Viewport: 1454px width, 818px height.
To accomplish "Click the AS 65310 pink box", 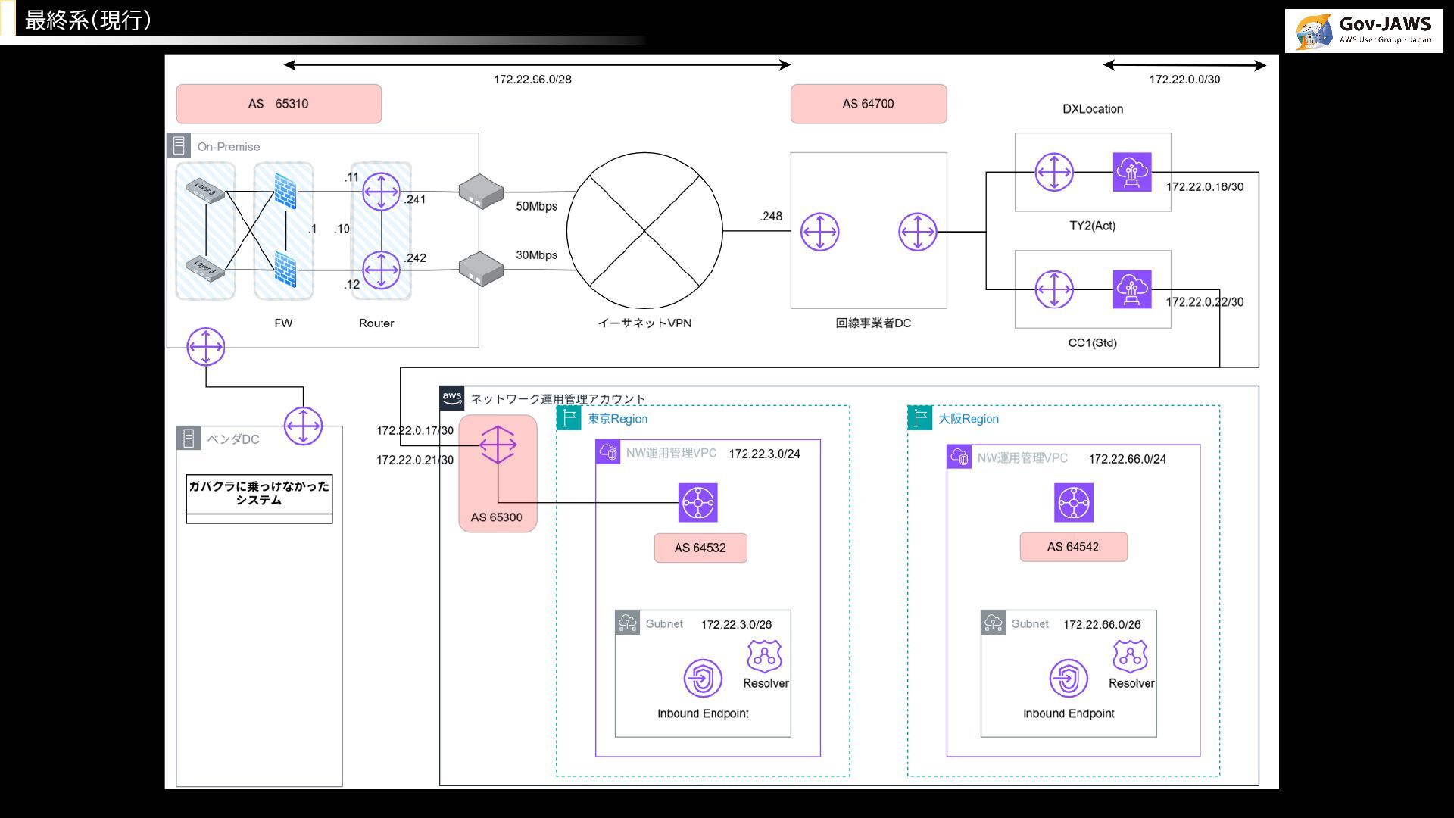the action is pos(279,104).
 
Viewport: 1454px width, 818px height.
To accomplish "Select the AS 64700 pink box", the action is pos(869,104).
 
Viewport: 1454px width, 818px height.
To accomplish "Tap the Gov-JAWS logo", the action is pos(1363,31).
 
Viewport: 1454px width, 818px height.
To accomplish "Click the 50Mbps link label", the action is pos(536,206).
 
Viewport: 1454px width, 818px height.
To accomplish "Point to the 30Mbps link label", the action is pos(536,255).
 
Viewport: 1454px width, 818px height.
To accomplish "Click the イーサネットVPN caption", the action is pos(644,323).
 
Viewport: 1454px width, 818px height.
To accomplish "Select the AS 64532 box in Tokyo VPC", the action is pos(700,548).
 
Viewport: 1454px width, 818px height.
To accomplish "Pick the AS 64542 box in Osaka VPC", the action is pos(1073,547).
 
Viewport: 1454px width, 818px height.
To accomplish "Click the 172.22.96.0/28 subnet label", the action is pos(532,80).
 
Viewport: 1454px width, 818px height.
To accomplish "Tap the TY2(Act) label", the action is pos(1092,226).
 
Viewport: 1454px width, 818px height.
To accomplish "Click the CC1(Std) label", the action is pos(1092,343).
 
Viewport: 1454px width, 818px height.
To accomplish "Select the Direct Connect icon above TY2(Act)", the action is pos(1132,172).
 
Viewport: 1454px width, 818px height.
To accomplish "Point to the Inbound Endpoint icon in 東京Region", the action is pos(703,678).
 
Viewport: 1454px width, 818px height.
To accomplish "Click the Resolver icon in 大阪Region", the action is pos(1130,657).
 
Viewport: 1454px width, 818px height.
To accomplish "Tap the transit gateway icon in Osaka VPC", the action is pos(1074,503).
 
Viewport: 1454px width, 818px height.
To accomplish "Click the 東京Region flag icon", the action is pos(569,418).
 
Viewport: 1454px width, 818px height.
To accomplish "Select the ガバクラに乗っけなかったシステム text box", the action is pos(259,493).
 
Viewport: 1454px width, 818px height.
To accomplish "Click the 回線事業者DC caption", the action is pos(873,323).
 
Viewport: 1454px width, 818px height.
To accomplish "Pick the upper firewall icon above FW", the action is pos(285,192).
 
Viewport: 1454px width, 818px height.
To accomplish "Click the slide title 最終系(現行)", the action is pos(88,20).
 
